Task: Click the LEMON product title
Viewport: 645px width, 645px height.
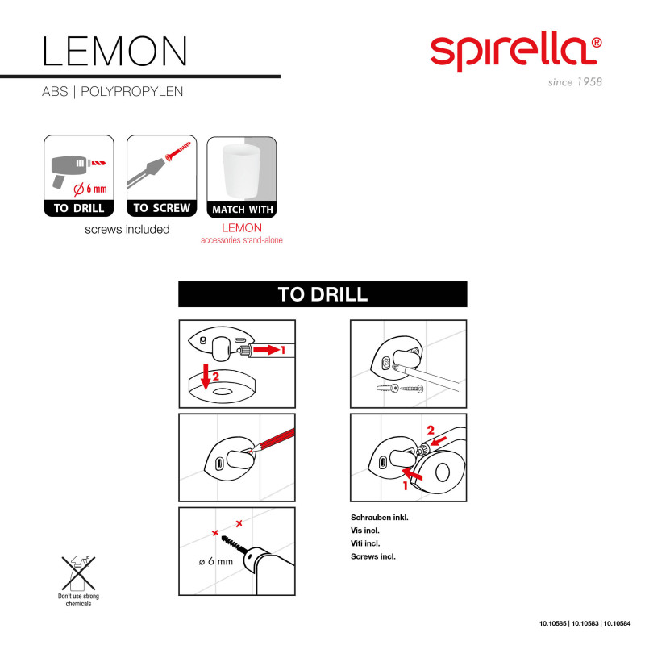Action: [x=114, y=50]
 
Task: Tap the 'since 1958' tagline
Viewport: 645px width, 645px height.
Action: [x=575, y=82]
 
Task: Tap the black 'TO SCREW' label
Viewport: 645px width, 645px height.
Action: [x=161, y=208]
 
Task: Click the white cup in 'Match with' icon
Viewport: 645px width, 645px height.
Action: [x=241, y=169]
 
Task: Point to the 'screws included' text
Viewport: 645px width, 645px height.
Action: [x=127, y=229]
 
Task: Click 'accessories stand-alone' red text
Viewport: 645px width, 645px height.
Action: [x=242, y=240]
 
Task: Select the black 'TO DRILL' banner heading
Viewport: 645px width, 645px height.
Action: [x=322, y=293]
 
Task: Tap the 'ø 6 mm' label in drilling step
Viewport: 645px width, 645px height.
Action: [x=216, y=560]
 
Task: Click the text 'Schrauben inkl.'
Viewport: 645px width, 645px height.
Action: [x=379, y=517]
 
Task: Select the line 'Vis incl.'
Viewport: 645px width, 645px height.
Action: [x=366, y=530]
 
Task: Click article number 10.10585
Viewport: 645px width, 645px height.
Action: [x=554, y=623]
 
